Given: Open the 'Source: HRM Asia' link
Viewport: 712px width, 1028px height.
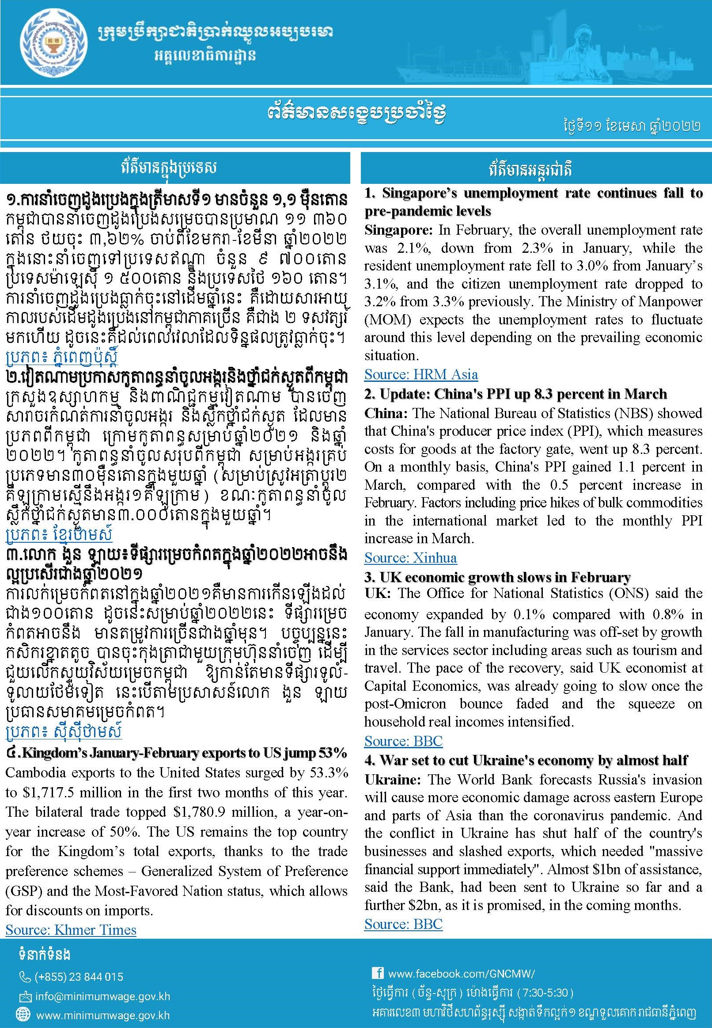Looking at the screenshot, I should click(x=420, y=374).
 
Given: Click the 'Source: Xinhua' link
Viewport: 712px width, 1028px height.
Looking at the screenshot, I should click(x=410, y=557).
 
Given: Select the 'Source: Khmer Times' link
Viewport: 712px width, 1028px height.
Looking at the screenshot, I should click(x=71, y=929).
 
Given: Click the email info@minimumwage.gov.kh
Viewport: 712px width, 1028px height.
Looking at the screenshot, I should click(x=102, y=996).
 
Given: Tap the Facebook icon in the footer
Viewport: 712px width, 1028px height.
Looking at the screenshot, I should click(x=377, y=973).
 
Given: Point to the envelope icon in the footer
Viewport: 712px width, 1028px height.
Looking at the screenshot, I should click(x=25, y=996).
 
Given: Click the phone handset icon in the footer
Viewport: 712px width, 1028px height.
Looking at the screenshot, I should click(x=25, y=977).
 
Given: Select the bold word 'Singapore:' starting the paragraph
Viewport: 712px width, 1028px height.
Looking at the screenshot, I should click(x=398, y=230).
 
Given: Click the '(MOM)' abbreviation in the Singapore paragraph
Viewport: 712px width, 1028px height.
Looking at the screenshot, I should click(x=385, y=320).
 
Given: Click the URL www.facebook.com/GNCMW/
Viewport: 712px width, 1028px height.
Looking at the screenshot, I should click(x=461, y=974).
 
